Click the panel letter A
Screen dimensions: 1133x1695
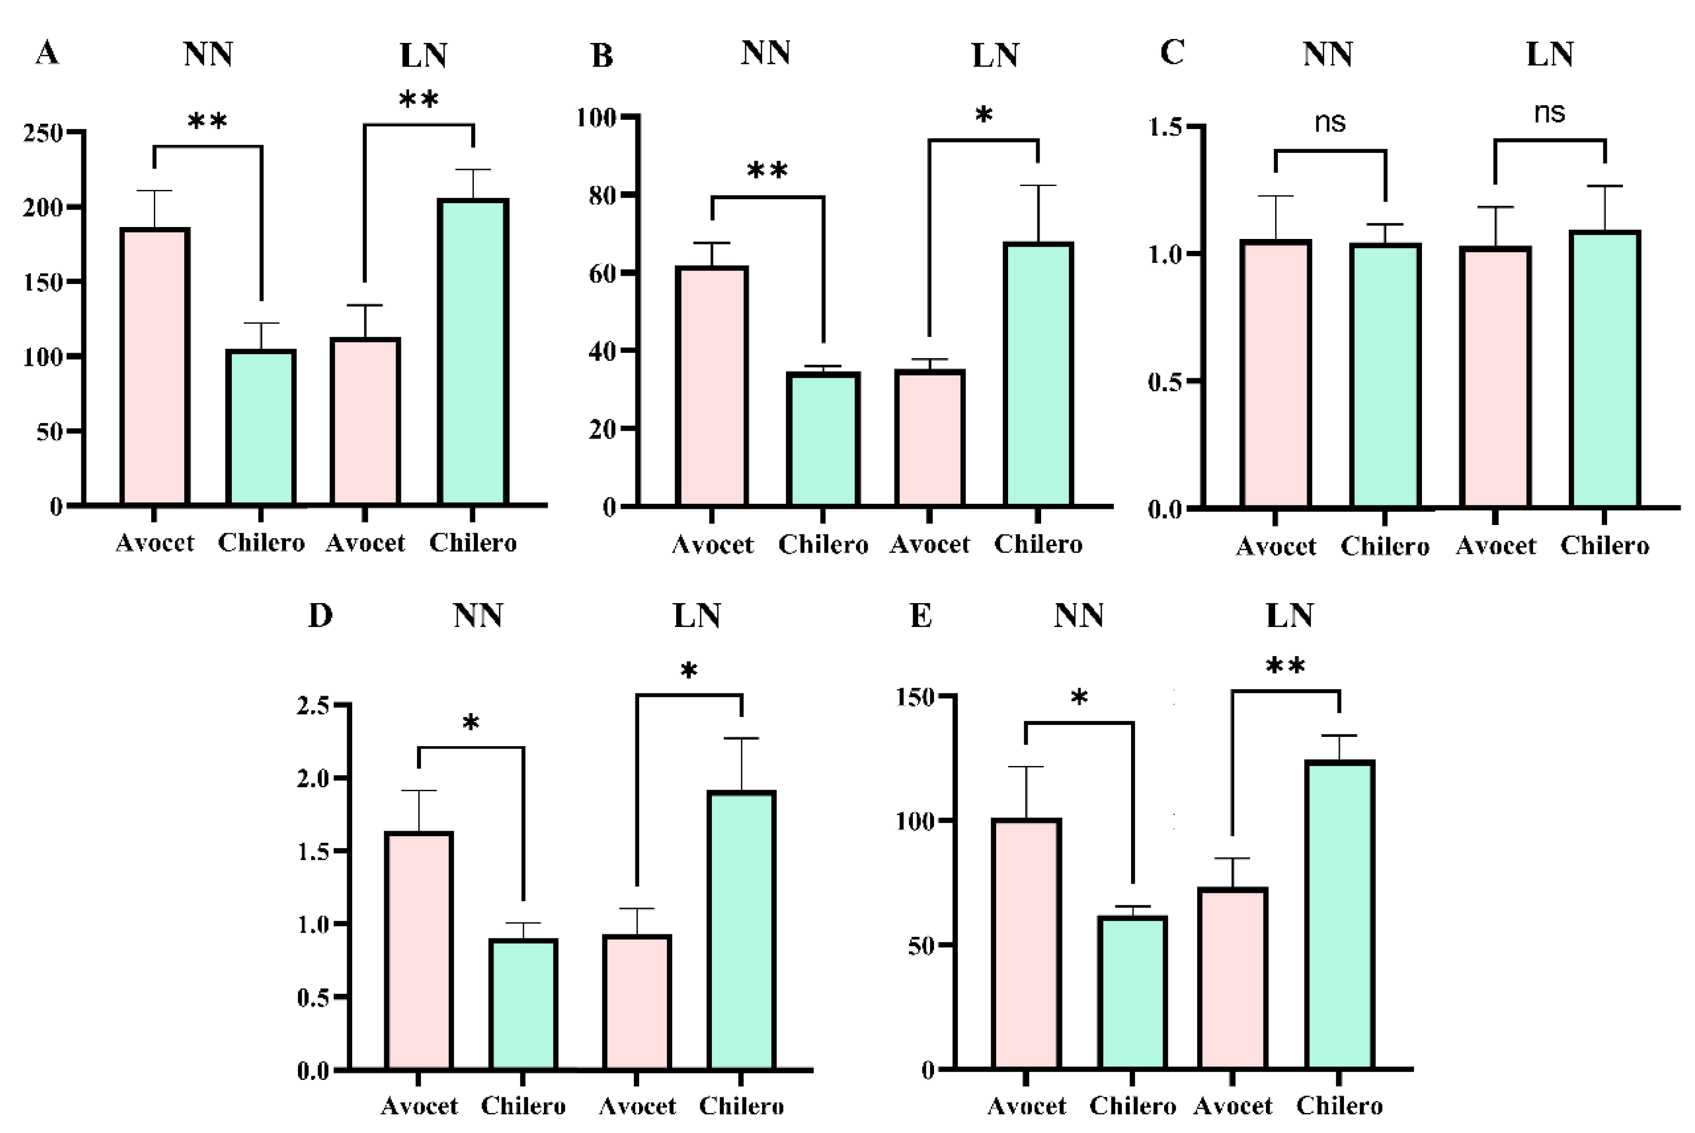click(x=47, y=53)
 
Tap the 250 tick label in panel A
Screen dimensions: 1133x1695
click(x=43, y=133)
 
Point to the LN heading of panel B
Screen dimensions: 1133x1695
click(x=995, y=56)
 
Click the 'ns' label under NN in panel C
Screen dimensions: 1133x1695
click(x=1329, y=122)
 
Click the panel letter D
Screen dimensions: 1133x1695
click(x=320, y=616)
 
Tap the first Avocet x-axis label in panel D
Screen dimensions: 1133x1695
click(x=419, y=1105)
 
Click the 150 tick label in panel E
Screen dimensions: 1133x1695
click(x=915, y=697)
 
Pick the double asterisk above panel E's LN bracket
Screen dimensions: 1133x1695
click(x=1285, y=665)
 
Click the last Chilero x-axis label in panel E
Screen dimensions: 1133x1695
click(x=1339, y=1105)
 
